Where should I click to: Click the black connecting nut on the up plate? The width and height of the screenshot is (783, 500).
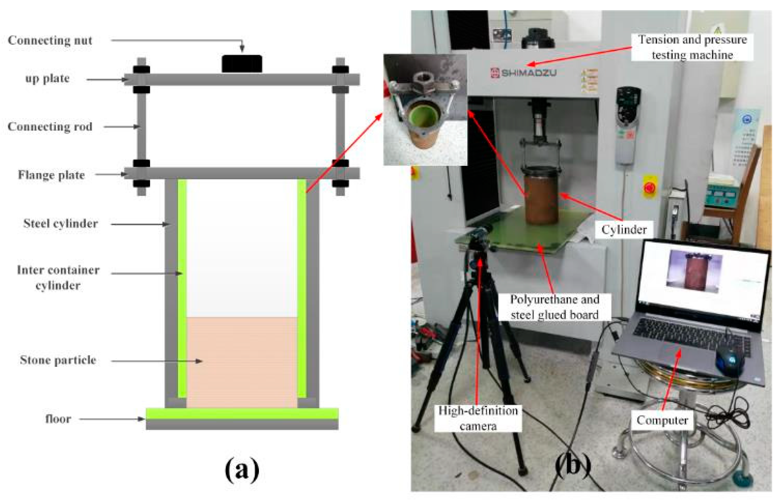242,64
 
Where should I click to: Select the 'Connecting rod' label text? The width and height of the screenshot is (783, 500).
50,127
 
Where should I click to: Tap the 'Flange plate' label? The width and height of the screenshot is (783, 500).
51,175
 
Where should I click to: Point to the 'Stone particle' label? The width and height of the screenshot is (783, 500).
58,360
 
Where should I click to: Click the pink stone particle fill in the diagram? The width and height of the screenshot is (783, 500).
242,361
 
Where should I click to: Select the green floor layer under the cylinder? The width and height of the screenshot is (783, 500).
242,413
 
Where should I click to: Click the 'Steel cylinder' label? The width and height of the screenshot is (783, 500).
60,223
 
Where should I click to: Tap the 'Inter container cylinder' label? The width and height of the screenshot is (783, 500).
58,278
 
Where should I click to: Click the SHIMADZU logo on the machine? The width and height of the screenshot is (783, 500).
523,73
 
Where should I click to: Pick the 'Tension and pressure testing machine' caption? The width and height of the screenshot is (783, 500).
692,47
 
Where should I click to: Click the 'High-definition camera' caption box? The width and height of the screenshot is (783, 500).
478,418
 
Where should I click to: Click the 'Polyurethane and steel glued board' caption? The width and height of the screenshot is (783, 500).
554,307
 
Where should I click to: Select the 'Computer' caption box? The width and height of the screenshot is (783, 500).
662,420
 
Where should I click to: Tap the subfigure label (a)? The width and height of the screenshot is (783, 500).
242,470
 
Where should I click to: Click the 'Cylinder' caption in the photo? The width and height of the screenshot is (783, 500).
624,230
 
